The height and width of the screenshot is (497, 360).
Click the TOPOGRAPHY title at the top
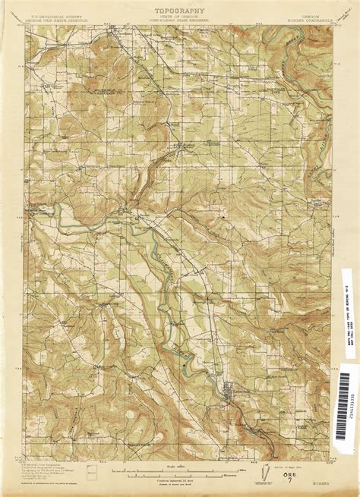pos(180,10)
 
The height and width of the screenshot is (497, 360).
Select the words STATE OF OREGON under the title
pos(180,16)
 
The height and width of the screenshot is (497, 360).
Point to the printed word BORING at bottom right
pos(307,480)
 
